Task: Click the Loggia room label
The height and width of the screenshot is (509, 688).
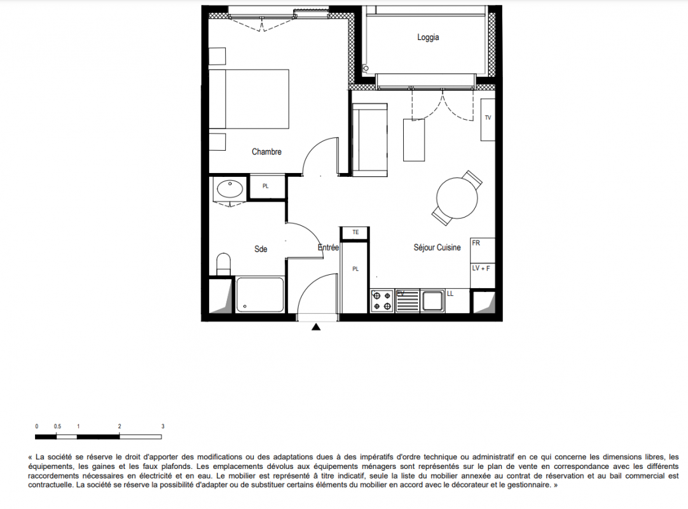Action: tap(428, 38)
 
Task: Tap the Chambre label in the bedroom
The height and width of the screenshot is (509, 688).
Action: tap(266, 151)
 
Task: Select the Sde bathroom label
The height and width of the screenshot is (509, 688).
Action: tap(261, 249)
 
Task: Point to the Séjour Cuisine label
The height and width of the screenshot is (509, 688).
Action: tap(437, 248)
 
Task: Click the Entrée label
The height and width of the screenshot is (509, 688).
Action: tap(328, 248)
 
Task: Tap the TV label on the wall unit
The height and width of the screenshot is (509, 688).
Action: tap(488, 118)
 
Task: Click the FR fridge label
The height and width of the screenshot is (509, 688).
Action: tap(476, 243)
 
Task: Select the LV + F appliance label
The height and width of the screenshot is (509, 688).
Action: tap(481, 268)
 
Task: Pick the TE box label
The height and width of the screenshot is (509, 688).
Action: tap(355, 232)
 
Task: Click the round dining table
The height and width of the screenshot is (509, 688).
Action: tap(457, 197)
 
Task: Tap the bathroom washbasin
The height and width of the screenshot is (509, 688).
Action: tap(230, 189)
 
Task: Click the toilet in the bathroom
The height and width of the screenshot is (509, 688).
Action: tap(223, 263)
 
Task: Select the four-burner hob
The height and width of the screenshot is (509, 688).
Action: tap(382, 300)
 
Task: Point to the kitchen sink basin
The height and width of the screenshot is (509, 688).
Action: tap(432, 301)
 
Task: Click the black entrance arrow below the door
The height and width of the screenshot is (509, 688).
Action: tap(316, 327)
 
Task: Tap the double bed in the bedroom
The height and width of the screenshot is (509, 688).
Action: tap(249, 99)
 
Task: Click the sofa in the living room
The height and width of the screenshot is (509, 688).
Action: tap(370, 139)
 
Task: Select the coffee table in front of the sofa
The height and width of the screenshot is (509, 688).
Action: tap(414, 139)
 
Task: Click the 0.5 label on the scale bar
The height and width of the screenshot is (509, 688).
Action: tap(57, 426)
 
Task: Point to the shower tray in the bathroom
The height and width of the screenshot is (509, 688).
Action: tap(260, 295)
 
